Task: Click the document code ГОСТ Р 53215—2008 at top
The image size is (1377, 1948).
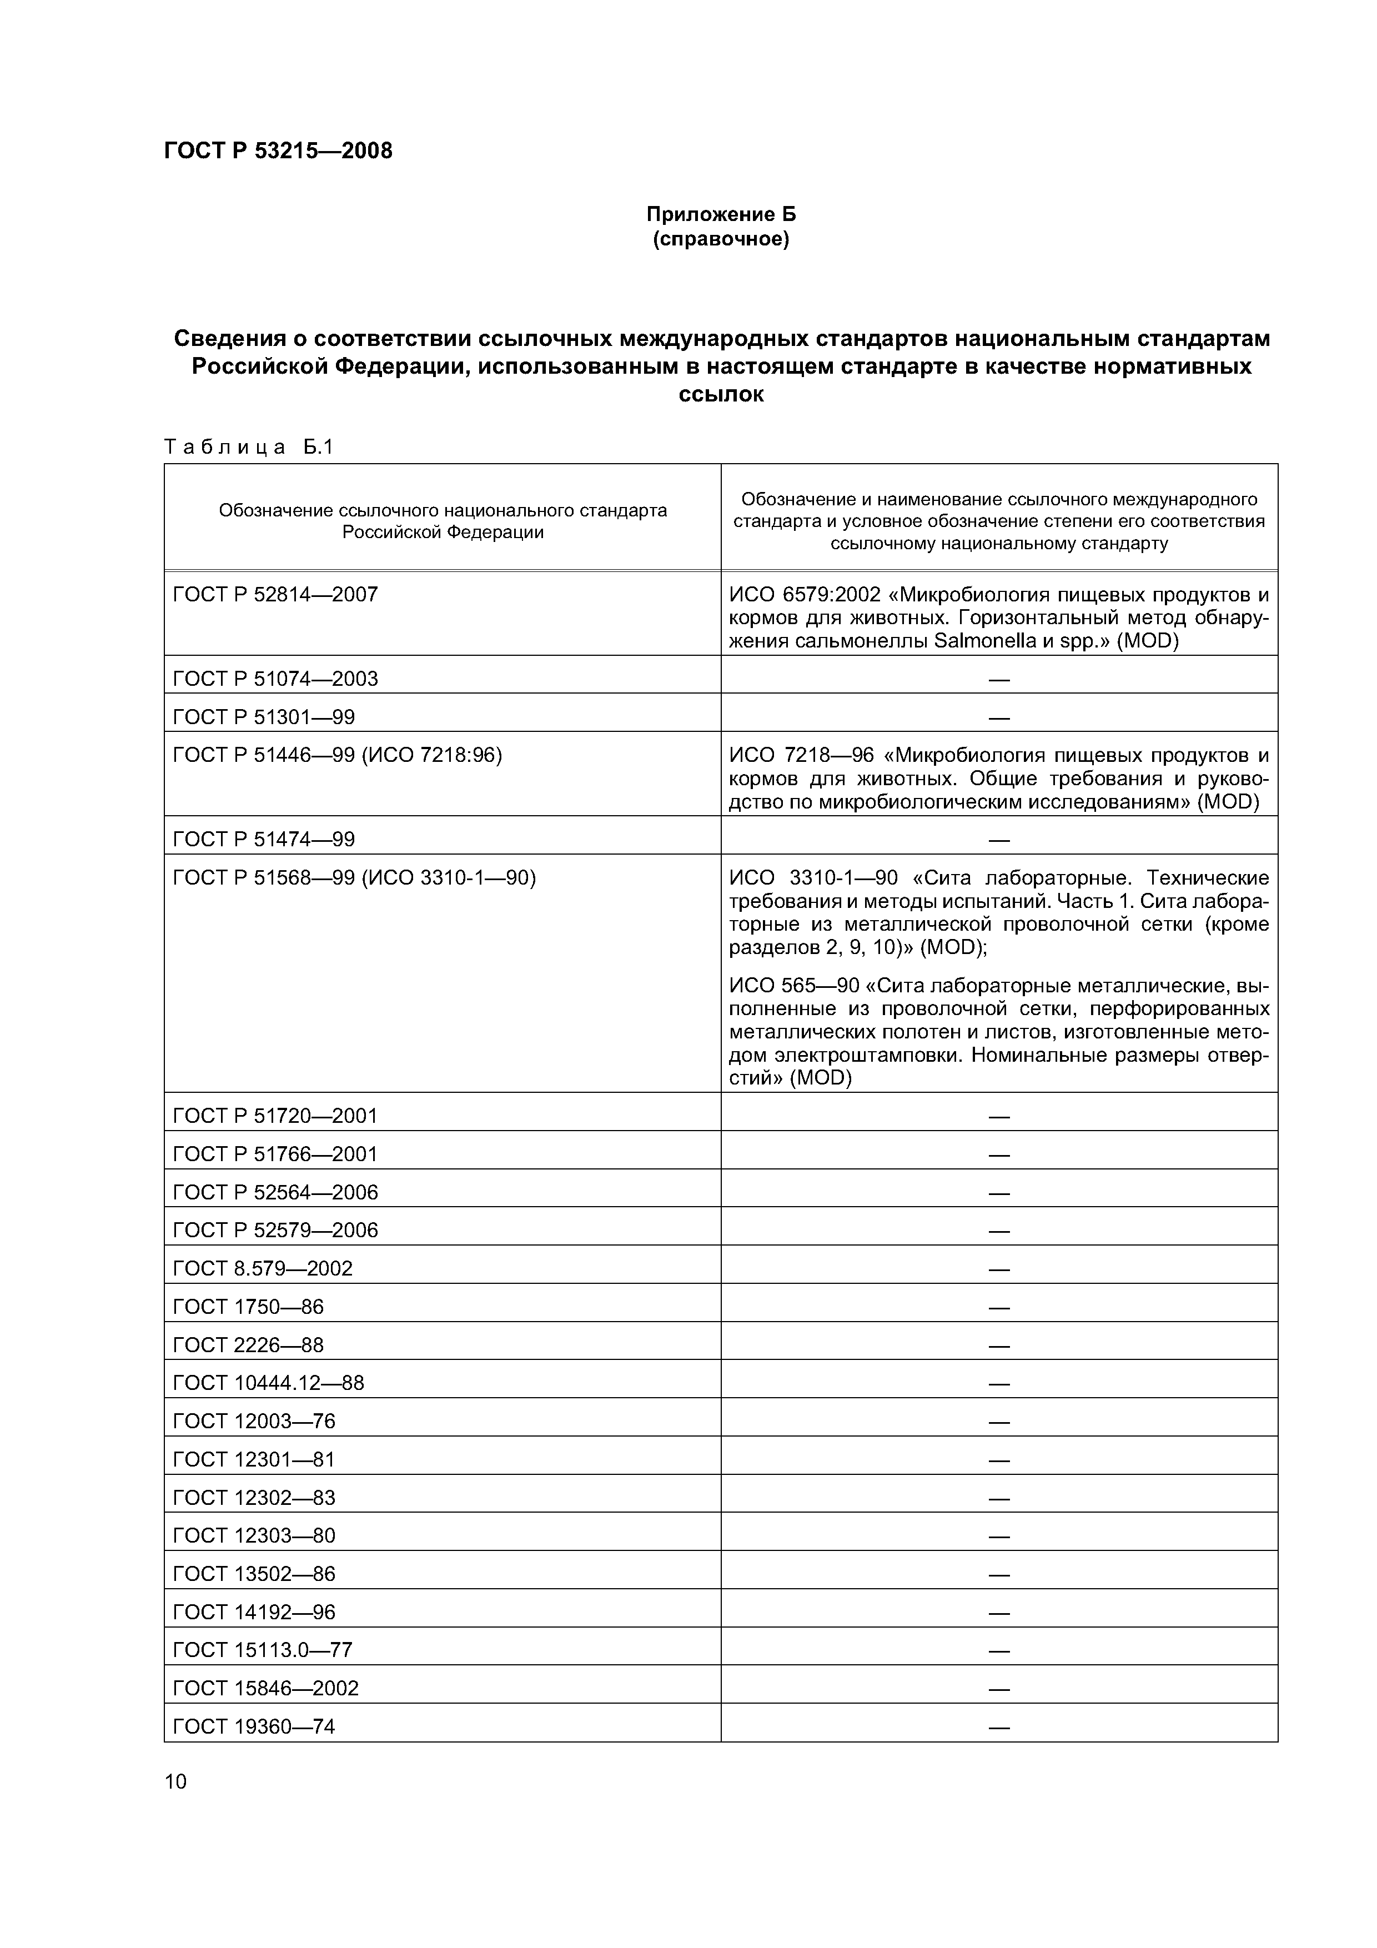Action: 278,151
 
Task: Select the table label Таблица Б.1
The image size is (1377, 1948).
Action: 249,447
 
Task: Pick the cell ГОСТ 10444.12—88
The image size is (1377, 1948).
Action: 268,1383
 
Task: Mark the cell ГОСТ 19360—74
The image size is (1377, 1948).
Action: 254,1726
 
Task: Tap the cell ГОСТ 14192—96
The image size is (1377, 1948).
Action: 254,1612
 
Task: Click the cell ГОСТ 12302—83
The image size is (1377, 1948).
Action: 254,1498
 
